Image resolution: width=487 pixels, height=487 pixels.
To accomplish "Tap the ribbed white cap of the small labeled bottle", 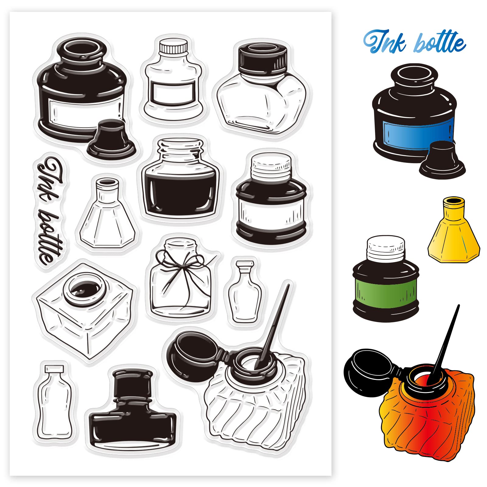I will pos(173,47).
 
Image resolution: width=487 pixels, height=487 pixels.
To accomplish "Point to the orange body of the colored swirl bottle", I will pos(426,405).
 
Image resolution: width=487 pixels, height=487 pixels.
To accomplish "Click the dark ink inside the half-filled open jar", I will pos(181,190).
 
